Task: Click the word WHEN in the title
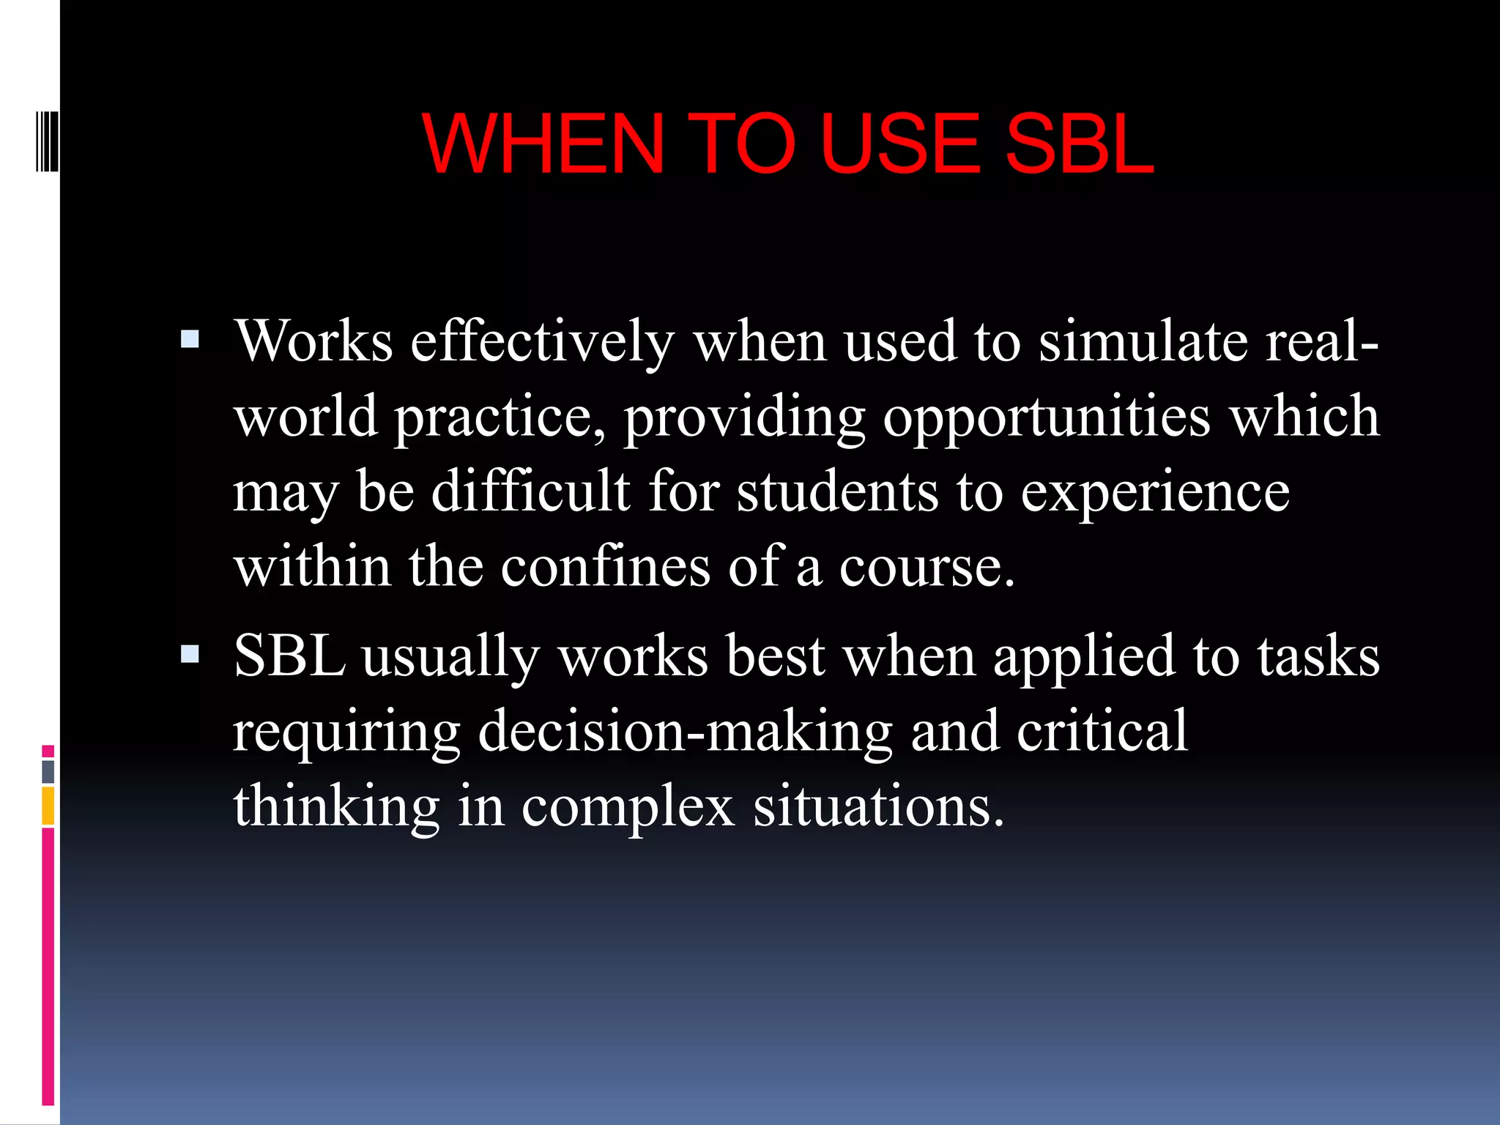coord(543,144)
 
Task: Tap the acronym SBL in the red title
coord(1079,144)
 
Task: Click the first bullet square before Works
coord(190,339)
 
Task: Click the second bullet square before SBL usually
coord(190,654)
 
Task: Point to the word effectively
coord(542,342)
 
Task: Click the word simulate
coord(1143,342)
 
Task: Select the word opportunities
coord(1047,417)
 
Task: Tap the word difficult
coord(530,492)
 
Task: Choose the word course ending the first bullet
coord(927,568)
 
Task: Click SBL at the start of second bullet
coord(289,656)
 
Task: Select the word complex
coord(628,807)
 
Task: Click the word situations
coord(878,807)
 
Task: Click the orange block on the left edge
coord(48,806)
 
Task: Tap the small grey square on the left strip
coord(48,771)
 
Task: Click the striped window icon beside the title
coord(47,141)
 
